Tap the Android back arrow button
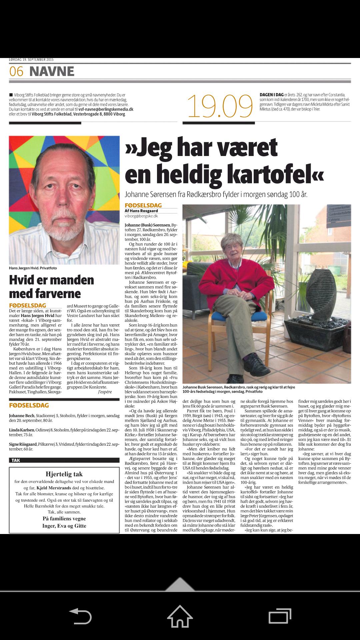point(80,616)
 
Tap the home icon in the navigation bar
point(180,616)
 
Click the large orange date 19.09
point(220,106)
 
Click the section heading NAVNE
point(52,71)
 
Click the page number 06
point(16,71)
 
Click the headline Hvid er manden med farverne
point(52,287)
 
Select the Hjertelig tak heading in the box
point(64,474)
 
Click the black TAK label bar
point(64,460)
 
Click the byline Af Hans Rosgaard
point(141,211)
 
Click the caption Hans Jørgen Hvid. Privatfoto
point(33,268)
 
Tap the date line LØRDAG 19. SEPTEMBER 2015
point(31,60)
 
